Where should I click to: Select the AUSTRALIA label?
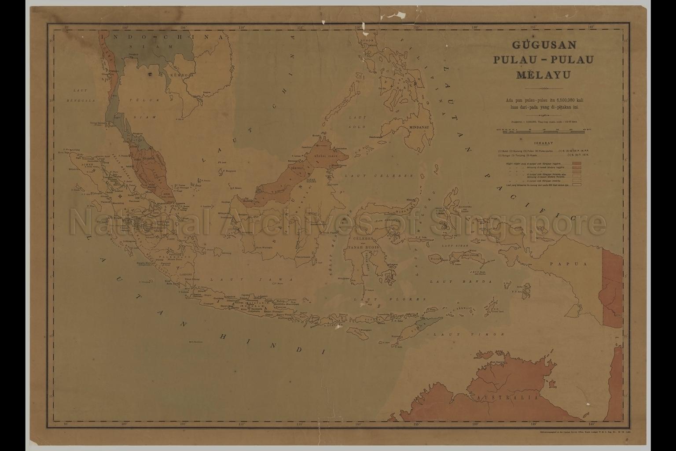pos(507,397)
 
